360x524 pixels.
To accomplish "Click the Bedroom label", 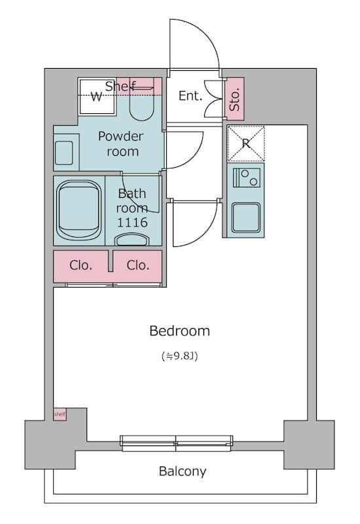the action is pos(179,331).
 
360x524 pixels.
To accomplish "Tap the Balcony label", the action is pos(183,471).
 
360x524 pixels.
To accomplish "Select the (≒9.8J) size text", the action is pos(179,356).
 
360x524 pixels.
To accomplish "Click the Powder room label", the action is pos(121,143).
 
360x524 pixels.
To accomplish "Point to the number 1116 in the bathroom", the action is pos(132,222).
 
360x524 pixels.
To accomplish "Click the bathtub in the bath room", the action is pos(79,210).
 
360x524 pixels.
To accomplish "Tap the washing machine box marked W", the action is pos(97,97).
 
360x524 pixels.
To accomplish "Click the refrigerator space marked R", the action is pos(246,143).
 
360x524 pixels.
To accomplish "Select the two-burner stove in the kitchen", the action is pos(247,178).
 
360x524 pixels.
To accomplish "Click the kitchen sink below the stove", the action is pos(246,217).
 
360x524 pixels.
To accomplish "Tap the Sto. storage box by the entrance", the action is pos(235,99).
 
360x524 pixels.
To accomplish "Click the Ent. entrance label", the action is pos(190,96).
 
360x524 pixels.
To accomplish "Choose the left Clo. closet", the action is pos(81,267).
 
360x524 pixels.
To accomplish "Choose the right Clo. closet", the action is pos(137,267).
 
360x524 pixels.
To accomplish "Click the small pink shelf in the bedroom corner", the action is pos(60,415).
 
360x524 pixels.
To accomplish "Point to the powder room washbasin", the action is pos(63,153).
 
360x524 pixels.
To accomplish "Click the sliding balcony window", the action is pos(177,443).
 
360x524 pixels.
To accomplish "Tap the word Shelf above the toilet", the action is pos(120,86).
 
